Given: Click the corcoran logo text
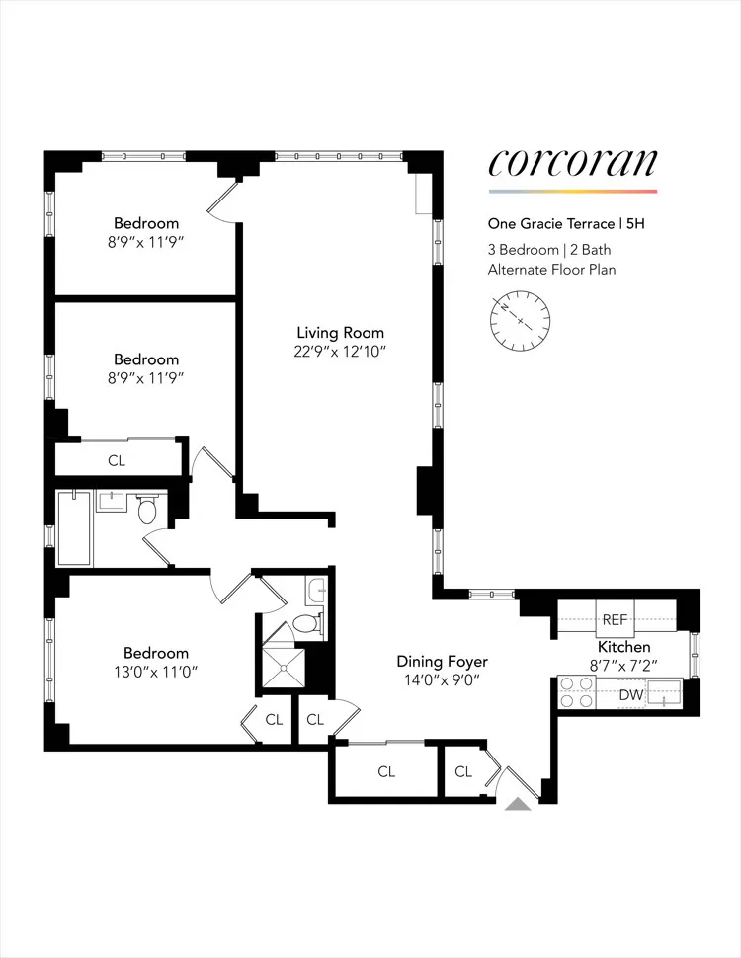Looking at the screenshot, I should point(572,163).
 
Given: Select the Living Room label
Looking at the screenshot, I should point(341,333).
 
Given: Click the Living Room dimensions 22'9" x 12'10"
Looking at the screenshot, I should point(341,352).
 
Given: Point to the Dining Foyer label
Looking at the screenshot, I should point(443,662).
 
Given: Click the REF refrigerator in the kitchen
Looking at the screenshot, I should point(615,620).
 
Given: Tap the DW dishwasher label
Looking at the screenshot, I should point(630,695).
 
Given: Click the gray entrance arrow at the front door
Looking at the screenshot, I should point(518,805).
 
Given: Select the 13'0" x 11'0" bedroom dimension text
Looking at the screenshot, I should point(156,674).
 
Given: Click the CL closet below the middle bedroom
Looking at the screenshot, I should point(116,460).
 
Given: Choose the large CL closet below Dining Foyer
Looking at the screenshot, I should point(385,771).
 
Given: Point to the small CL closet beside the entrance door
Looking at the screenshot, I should point(463,771).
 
